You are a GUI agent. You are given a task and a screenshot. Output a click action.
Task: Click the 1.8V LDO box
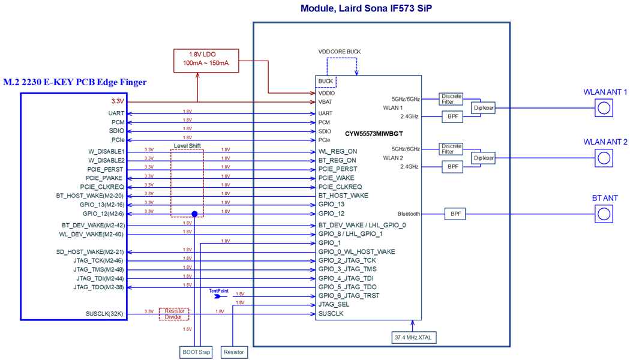pos(206,61)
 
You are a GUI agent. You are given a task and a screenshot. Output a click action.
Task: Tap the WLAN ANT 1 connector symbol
pos(604,108)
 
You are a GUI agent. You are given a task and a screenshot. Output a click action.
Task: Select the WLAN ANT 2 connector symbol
pos(604,158)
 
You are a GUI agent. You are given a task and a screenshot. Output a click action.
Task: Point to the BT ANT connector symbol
pos(604,214)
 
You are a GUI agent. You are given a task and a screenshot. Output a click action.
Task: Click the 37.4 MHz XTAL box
pos(413,338)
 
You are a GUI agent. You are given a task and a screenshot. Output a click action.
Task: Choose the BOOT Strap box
pos(196,352)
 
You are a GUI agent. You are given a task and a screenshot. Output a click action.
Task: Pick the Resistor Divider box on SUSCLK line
pos(174,314)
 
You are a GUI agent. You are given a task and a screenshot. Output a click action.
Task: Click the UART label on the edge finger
pos(116,113)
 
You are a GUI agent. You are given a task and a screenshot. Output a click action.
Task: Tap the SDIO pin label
pos(116,131)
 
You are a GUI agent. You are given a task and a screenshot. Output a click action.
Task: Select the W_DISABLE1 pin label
pos(107,152)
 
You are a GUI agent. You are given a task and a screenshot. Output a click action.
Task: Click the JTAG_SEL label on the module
pos(334,305)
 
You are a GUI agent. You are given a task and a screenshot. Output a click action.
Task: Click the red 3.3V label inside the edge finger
pos(118,101)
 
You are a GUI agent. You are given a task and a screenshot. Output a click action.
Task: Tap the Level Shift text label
pos(187,146)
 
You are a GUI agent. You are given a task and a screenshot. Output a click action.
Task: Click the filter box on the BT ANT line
pos(455,214)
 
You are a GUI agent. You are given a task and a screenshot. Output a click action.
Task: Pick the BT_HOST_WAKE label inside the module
pos(343,196)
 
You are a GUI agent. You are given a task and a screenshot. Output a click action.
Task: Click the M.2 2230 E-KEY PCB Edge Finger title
pos(74,83)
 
